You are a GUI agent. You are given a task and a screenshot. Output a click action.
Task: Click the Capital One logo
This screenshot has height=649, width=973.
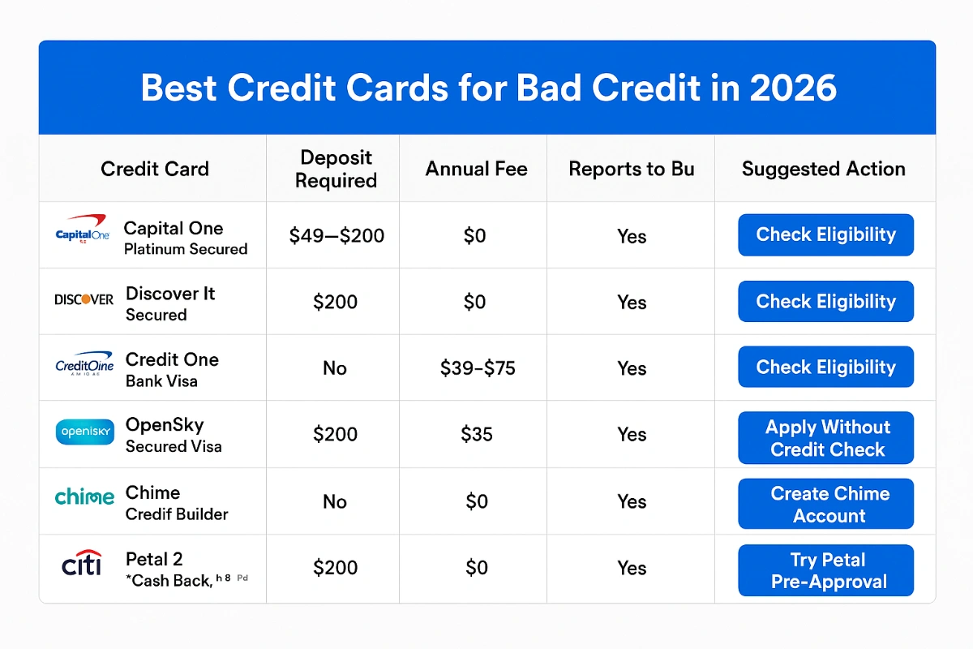(82, 231)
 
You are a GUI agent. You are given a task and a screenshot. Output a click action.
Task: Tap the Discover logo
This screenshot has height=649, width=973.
(84, 299)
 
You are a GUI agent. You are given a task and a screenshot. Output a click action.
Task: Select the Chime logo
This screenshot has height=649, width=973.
(84, 497)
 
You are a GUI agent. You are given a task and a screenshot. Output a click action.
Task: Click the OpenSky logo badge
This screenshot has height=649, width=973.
(84, 432)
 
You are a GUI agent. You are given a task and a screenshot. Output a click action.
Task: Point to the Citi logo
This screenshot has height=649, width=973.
(82, 563)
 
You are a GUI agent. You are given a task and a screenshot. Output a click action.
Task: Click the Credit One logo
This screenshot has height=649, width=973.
(84, 367)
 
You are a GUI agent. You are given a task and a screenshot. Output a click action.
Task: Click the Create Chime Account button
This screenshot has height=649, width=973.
(825, 504)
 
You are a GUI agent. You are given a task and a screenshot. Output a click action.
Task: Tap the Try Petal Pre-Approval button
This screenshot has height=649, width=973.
(825, 570)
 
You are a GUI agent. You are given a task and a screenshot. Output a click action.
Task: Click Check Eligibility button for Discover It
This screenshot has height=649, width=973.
(825, 302)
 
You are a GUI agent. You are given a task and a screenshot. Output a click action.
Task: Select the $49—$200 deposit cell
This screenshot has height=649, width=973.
(336, 236)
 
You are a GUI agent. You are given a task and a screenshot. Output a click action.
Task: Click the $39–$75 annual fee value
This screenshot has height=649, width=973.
(478, 368)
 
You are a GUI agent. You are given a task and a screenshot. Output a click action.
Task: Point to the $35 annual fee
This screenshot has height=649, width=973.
(477, 435)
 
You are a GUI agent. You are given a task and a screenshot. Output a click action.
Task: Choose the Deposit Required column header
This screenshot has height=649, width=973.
(336, 169)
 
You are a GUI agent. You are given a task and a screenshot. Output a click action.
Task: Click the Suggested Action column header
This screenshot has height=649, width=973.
(823, 169)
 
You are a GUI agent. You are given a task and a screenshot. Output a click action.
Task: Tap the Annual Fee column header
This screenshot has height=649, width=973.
(476, 169)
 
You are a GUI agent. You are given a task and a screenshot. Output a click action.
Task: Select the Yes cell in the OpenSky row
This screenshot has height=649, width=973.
(632, 435)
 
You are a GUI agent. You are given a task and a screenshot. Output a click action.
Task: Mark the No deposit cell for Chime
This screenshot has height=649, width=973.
(335, 501)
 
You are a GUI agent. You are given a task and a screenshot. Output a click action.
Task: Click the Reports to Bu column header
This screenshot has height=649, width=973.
(632, 169)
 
